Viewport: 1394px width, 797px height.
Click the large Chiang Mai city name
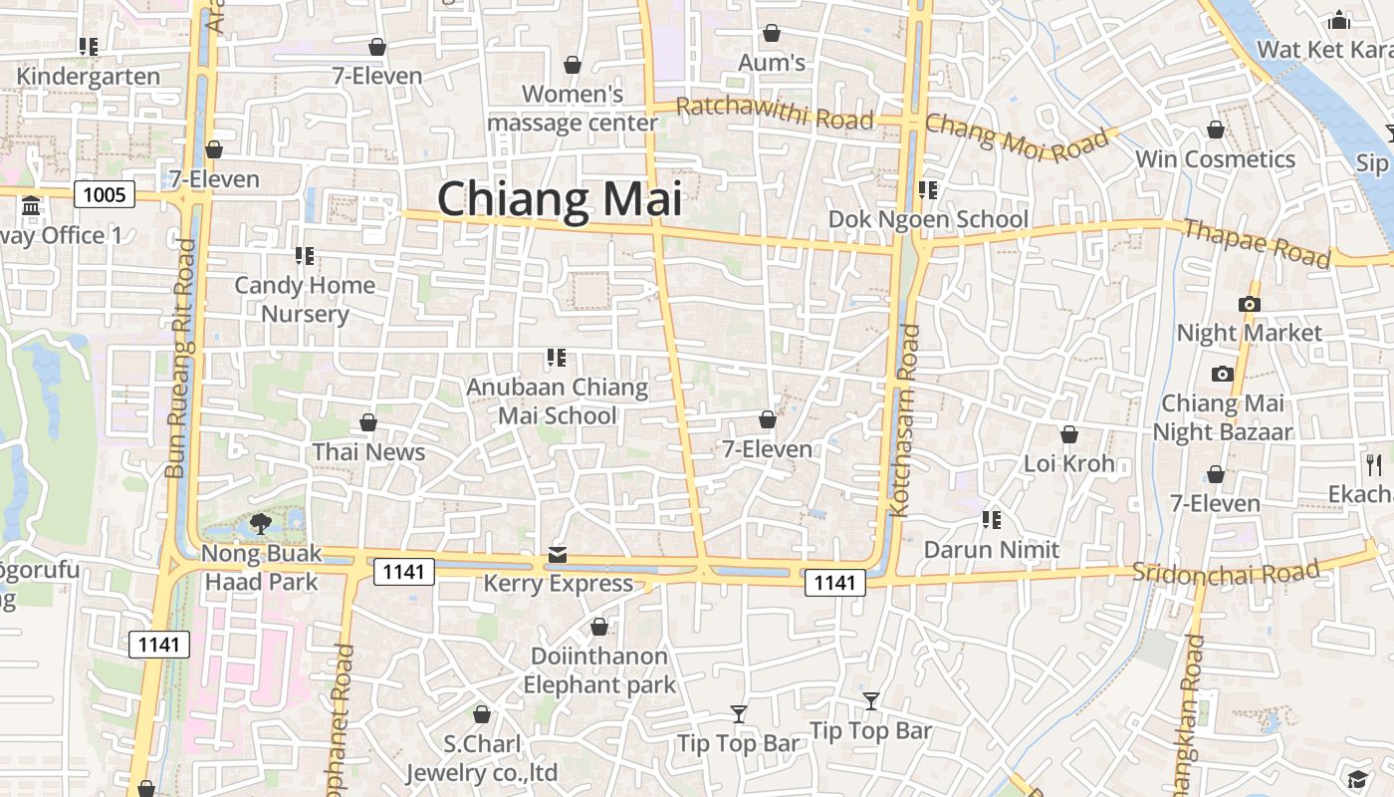tap(560, 198)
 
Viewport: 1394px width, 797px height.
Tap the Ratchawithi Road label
tap(775, 114)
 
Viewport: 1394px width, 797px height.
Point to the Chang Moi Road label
tap(1016, 138)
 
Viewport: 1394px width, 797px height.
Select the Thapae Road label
tap(1257, 243)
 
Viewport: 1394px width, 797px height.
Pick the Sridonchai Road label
tap(1225, 572)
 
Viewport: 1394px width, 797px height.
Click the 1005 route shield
tap(105, 193)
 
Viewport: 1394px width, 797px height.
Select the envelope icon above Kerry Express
tap(558, 555)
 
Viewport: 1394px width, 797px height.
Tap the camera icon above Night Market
tap(1250, 304)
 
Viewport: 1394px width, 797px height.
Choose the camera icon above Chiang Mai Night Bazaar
tap(1223, 374)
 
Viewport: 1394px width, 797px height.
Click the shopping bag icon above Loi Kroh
tap(1069, 434)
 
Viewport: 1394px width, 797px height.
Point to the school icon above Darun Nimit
tap(992, 519)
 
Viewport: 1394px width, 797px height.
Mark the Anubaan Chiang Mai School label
tap(558, 400)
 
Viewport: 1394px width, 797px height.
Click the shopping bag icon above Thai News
tap(368, 422)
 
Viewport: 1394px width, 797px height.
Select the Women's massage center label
tap(573, 109)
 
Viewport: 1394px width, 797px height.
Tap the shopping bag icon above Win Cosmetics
tap(1216, 130)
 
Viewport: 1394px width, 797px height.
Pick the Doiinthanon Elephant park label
tap(599, 670)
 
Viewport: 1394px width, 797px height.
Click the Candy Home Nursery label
tap(305, 299)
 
